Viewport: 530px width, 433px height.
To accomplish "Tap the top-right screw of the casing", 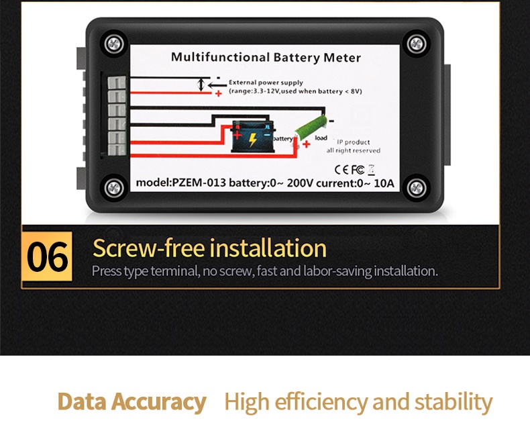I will point(416,43).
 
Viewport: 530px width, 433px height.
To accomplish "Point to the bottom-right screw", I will point(416,187).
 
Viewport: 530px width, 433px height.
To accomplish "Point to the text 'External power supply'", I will point(266,83).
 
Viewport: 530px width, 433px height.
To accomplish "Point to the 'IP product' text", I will point(353,142).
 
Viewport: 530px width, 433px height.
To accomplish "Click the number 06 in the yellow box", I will point(48,257).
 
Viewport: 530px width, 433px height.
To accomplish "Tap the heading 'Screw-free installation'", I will point(209,248).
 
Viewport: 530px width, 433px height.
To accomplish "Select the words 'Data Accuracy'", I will point(131,402).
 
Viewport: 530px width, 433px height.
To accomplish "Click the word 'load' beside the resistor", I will point(321,138).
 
